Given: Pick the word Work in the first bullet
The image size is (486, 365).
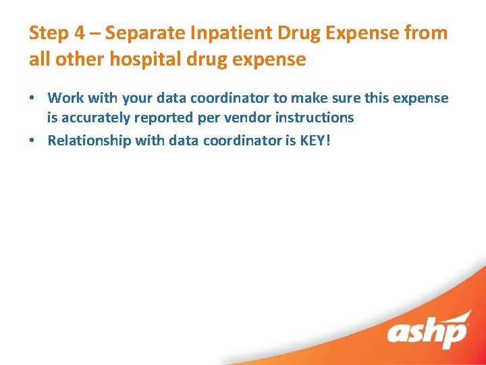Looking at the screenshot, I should tap(65, 98).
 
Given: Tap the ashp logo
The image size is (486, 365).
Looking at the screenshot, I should tap(428, 331).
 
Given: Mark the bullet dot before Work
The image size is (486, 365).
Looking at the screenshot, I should tap(32, 99).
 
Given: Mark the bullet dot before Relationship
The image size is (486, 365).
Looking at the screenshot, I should tap(32, 141).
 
